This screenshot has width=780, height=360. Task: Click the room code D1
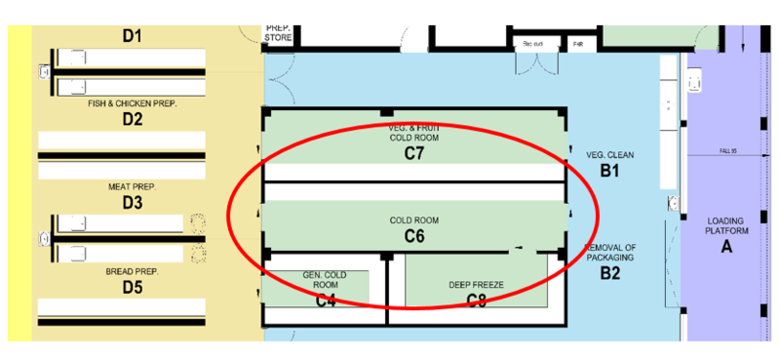pos(132,36)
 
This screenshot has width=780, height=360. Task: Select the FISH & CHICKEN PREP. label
pos(133,102)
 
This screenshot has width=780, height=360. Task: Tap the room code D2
pos(133,120)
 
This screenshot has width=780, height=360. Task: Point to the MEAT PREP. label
pos(133,185)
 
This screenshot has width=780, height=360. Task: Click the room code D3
pos(133,203)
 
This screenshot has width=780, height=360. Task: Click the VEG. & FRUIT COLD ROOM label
pos(414,132)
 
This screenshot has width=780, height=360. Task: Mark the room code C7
pos(414,153)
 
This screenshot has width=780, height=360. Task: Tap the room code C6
pos(414,235)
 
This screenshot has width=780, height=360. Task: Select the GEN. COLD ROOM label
pos(326,280)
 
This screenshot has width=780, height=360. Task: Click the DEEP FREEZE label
pos(475,285)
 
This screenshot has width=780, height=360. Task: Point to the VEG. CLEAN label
pos(610,155)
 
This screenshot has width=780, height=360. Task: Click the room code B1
pos(610,172)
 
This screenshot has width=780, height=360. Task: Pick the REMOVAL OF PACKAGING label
pos(610,254)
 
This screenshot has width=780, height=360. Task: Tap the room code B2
pos(610,274)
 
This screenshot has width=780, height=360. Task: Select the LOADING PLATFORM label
pos(725,226)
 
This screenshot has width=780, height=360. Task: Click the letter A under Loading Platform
pos(725,248)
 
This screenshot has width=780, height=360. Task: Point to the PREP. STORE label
pos(278,32)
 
